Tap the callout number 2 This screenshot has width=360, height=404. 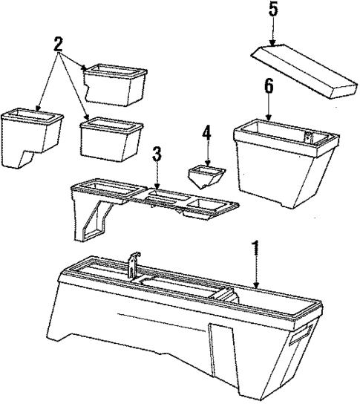[x=58, y=45]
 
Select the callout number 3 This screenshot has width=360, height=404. [x=157, y=154]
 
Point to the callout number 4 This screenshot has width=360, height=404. [x=207, y=133]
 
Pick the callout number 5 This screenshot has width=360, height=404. [x=273, y=9]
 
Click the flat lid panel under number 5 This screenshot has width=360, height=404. [x=304, y=71]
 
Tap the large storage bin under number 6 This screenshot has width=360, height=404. [x=286, y=164]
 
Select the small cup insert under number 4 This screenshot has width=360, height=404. [x=207, y=177]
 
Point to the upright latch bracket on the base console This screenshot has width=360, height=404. [x=134, y=264]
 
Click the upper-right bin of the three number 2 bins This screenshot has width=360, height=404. [x=115, y=85]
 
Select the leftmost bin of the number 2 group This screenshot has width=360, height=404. [x=31, y=138]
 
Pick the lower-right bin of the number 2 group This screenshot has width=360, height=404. [x=111, y=140]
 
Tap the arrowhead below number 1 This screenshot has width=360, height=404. [x=256, y=285]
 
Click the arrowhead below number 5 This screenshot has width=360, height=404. [x=273, y=43]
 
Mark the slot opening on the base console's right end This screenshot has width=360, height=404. [x=301, y=334]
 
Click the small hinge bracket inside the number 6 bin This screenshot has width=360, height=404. [x=308, y=136]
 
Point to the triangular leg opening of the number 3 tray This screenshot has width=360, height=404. [x=94, y=219]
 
